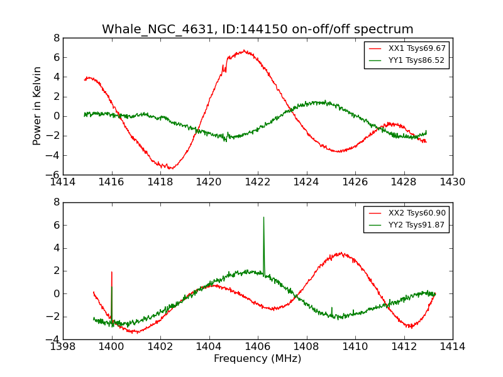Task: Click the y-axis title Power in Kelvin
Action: pyautogui.click(x=38, y=106)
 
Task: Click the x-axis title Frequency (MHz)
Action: pyautogui.click(x=257, y=359)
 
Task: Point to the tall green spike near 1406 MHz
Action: pyautogui.click(x=263, y=218)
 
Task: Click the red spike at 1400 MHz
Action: pyautogui.click(x=111, y=273)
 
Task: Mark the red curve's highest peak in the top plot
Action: pyautogui.click(x=244, y=51)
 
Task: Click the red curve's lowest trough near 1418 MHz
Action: pyautogui.click(x=170, y=168)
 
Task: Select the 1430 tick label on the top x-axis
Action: pyautogui.click(x=452, y=182)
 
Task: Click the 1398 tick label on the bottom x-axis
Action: pyautogui.click(x=63, y=346)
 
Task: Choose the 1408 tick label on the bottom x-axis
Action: pyautogui.click(x=306, y=346)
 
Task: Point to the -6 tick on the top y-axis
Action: pyautogui.click(x=54, y=175)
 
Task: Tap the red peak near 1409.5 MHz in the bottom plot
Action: pyautogui.click(x=340, y=253)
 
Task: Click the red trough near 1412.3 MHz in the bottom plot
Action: pyautogui.click(x=411, y=327)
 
